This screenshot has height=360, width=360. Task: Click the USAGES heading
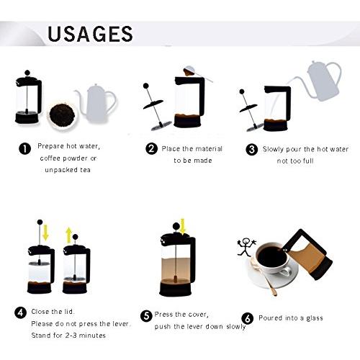tap(90, 34)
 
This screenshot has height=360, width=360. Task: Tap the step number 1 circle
tap(24, 149)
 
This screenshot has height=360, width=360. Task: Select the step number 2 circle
tap(151, 148)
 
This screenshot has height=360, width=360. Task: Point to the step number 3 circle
tap(252, 149)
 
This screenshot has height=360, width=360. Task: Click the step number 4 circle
tap(21, 312)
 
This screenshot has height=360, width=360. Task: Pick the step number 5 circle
tap(146, 316)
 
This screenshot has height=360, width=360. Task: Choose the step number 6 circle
tap(248, 318)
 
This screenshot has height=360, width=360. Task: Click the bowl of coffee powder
tap(62, 117)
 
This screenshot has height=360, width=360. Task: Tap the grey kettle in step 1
tap(96, 103)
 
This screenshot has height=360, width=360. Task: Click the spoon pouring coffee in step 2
tap(197, 74)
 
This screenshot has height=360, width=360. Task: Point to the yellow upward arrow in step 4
tap(69, 235)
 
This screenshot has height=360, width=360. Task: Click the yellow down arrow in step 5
tap(183, 227)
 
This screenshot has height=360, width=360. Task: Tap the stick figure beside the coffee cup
tap(246, 247)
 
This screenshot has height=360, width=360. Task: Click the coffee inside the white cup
tap(272, 257)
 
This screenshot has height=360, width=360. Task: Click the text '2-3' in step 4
tap(71, 335)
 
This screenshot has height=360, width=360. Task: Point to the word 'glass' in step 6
tap(315, 318)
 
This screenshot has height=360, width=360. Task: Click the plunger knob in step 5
tap(176, 226)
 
